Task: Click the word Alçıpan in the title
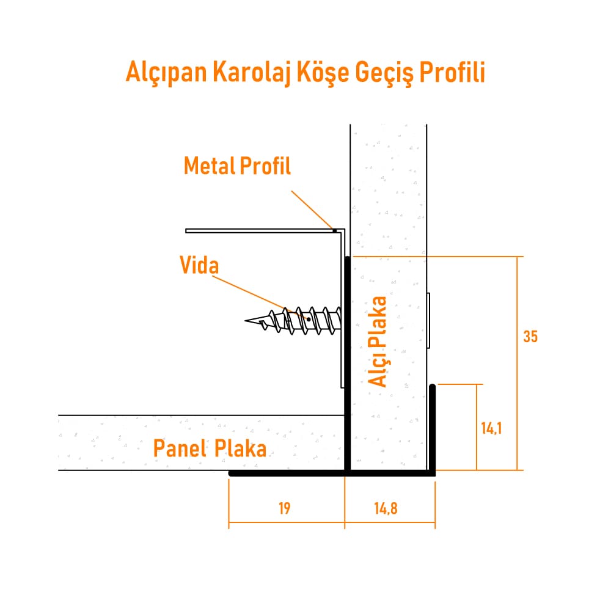pos(166,72)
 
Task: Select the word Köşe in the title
pos(323,72)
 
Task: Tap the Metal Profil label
pos(237,166)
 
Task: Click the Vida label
pos(199,265)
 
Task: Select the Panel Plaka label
pos(210,448)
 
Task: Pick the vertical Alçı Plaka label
pos(377,342)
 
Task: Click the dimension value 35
pos(530,337)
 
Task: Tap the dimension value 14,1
pos(491,429)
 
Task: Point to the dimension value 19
pos(285,508)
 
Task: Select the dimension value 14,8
pos(386,508)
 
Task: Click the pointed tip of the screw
pos(246,321)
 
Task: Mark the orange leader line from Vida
pos(260,298)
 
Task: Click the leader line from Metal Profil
pos(312,210)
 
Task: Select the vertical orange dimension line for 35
pos(518,364)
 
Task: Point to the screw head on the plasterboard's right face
pos(428,321)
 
